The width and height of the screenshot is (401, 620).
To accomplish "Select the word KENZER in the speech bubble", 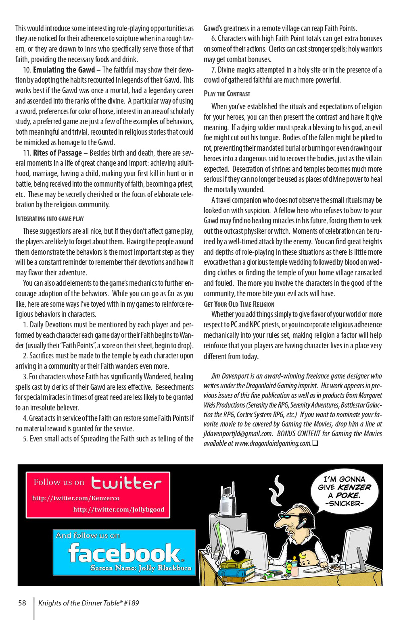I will (x=355, y=487).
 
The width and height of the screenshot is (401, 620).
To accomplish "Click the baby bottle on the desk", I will (x=296, y=568).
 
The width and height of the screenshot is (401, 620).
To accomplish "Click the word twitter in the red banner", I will (x=126, y=483).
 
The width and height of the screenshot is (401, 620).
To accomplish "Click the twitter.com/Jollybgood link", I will (x=119, y=510).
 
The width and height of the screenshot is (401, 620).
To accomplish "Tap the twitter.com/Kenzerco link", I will (x=76, y=498).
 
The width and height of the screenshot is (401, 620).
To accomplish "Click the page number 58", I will (x=22, y=603).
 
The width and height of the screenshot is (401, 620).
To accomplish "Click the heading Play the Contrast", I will (x=227, y=94).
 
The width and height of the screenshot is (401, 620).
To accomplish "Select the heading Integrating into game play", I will (x=49, y=218).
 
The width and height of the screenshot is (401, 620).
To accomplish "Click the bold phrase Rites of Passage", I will (x=57, y=153).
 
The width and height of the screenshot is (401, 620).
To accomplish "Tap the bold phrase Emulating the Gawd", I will (x=64, y=70).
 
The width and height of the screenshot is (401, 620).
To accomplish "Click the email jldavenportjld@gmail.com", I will (x=238, y=434).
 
